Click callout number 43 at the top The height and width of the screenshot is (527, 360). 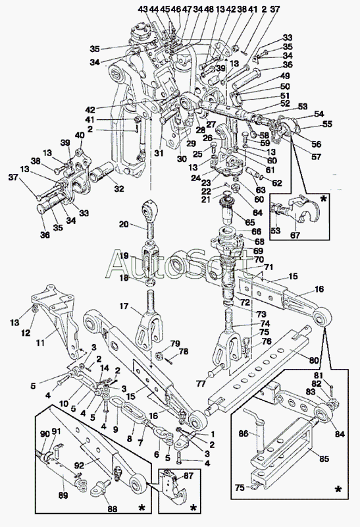pyautogui.click(x=143, y=10)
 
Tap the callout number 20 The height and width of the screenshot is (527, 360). pyautogui.click(x=124, y=223)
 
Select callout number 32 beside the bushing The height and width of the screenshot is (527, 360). pyautogui.click(x=119, y=189)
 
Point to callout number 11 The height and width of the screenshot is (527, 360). pyautogui.click(x=41, y=343)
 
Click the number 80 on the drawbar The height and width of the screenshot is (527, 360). pyautogui.click(x=314, y=361)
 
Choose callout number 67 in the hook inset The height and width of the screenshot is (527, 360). pyautogui.click(x=296, y=235)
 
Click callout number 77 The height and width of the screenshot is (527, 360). pyautogui.click(x=201, y=383)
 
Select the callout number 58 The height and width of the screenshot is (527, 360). pyautogui.click(x=265, y=136)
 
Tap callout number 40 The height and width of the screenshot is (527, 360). pyautogui.click(x=80, y=136)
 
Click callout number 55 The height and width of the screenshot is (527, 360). pyautogui.click(x=326, y=124)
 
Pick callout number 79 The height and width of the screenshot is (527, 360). pyautogui.click(x=174, y=343)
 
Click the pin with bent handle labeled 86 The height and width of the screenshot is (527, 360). pyautogui.click(x=257, y=430)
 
